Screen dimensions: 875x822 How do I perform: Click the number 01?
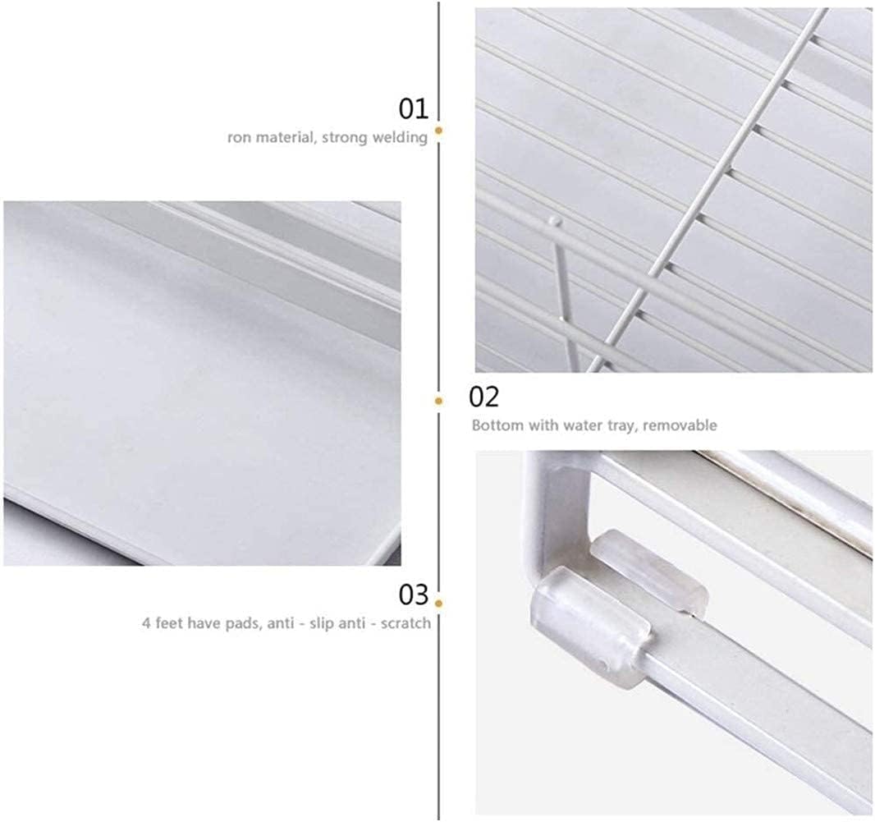[413, 108]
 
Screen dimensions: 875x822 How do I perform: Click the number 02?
[483, 397]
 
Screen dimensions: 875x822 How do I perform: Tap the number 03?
[413, 595]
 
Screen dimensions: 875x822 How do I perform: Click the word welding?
[400, 137]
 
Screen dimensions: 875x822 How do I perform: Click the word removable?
[680, 425]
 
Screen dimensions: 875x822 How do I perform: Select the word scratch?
[405, 623]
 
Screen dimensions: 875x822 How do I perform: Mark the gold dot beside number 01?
[438, 131]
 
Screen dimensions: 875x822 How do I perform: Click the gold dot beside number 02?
[438, 401]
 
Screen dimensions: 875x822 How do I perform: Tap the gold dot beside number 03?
[438, 604]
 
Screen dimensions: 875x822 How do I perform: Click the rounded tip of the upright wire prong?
[553, 221]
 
